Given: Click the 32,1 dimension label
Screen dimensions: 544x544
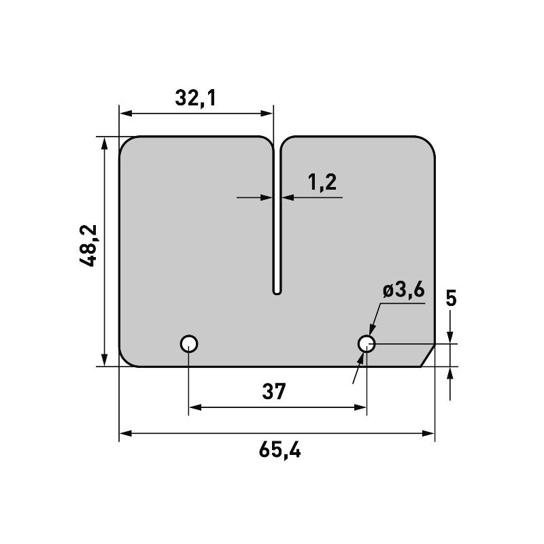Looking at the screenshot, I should (x=195, y=99).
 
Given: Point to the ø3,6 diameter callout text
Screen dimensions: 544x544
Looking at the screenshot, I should (x=403, y=290).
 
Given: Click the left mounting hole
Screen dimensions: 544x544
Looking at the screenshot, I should (x=188, y=343).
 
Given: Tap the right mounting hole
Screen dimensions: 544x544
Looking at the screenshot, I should (x=367, y=343).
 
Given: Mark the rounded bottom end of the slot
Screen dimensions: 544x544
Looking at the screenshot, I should (x=277, y=290).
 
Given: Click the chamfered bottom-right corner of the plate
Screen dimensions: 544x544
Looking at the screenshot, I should (x=427, y=355).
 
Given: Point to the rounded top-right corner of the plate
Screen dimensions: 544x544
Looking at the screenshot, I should (x=427, y=144).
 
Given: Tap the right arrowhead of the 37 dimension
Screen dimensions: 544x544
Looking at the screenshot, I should (x=360, y=407).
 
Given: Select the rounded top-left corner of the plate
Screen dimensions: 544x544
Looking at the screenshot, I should (x=127, y=145).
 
